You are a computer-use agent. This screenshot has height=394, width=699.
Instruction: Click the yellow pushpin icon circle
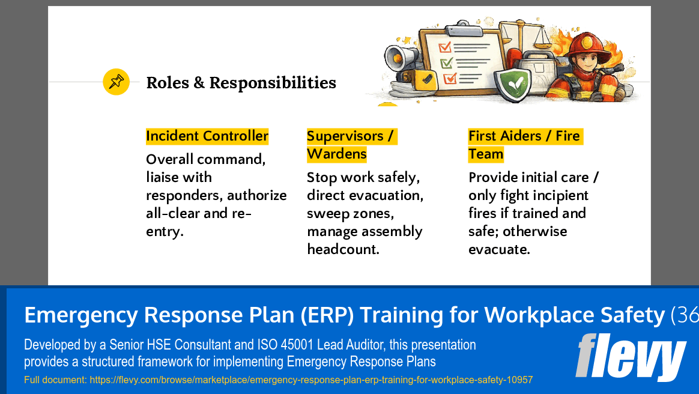tap(116, 82)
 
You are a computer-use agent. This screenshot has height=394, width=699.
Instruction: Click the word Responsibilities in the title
tap(273, 83)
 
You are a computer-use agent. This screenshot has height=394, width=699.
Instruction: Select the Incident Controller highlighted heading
tap(207, 136)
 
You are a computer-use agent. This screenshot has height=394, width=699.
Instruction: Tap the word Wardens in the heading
tap(336, 154)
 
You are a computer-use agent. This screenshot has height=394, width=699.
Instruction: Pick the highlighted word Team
tap(486, 154)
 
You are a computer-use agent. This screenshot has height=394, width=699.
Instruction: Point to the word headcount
tap(343, 249)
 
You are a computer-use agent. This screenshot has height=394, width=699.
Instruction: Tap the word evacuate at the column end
tap(499, 249)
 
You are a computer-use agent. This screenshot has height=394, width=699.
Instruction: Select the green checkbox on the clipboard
tap(446, 62)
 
